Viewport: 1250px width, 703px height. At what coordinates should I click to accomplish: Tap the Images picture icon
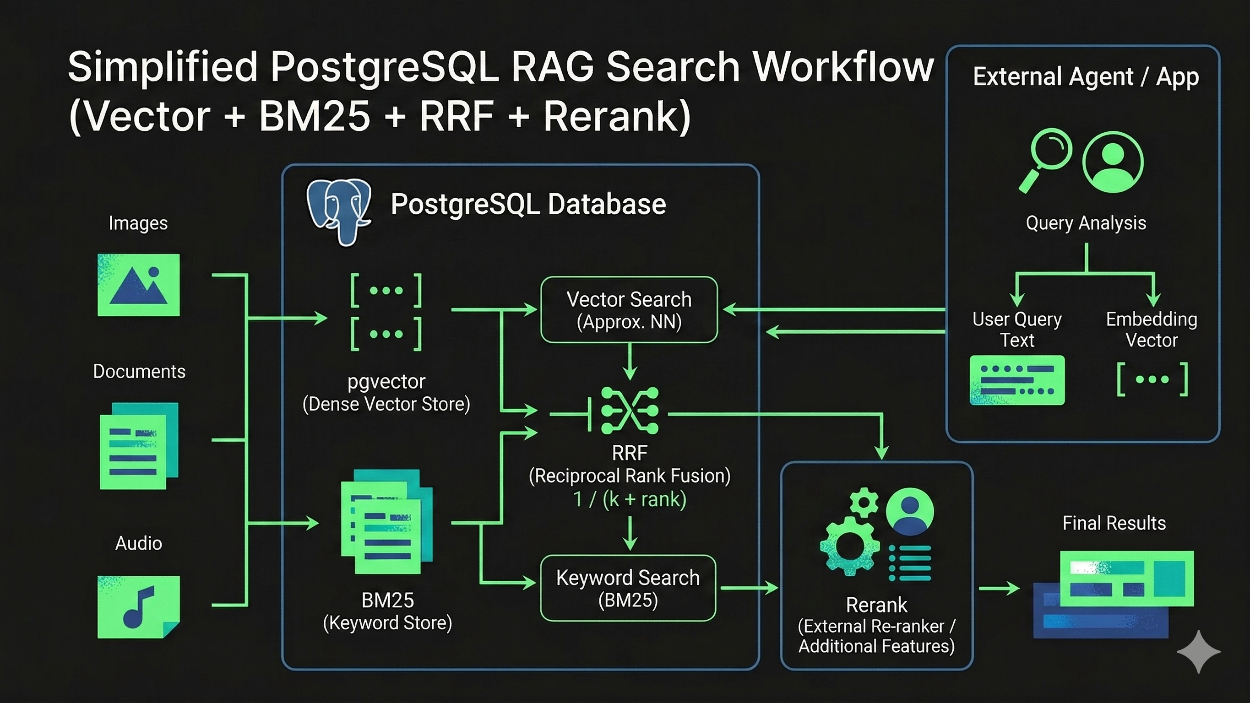139,285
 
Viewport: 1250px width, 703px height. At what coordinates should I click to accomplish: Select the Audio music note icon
139,607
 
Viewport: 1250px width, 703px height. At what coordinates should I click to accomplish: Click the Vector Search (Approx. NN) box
629,309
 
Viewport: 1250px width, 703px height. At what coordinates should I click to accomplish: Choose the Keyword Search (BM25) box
628,588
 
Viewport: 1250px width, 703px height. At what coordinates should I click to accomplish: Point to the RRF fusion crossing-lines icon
630,411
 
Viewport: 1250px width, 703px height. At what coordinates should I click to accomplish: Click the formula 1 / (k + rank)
630,499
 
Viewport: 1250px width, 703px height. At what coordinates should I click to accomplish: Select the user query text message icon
1017,380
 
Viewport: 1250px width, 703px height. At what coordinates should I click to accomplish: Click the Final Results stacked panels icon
1114,595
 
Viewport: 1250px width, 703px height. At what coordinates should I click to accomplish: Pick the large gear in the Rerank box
850,546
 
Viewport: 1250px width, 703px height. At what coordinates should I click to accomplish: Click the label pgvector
386,382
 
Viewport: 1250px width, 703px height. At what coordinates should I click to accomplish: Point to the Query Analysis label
1086,223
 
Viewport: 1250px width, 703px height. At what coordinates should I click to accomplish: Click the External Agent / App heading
1086,76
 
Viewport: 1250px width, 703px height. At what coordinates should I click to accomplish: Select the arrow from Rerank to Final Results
999,589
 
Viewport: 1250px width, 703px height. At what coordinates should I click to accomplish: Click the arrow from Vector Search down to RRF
630,362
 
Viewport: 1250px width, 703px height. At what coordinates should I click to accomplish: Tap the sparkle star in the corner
1199,652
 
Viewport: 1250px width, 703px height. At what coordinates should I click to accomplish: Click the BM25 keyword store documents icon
387,522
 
